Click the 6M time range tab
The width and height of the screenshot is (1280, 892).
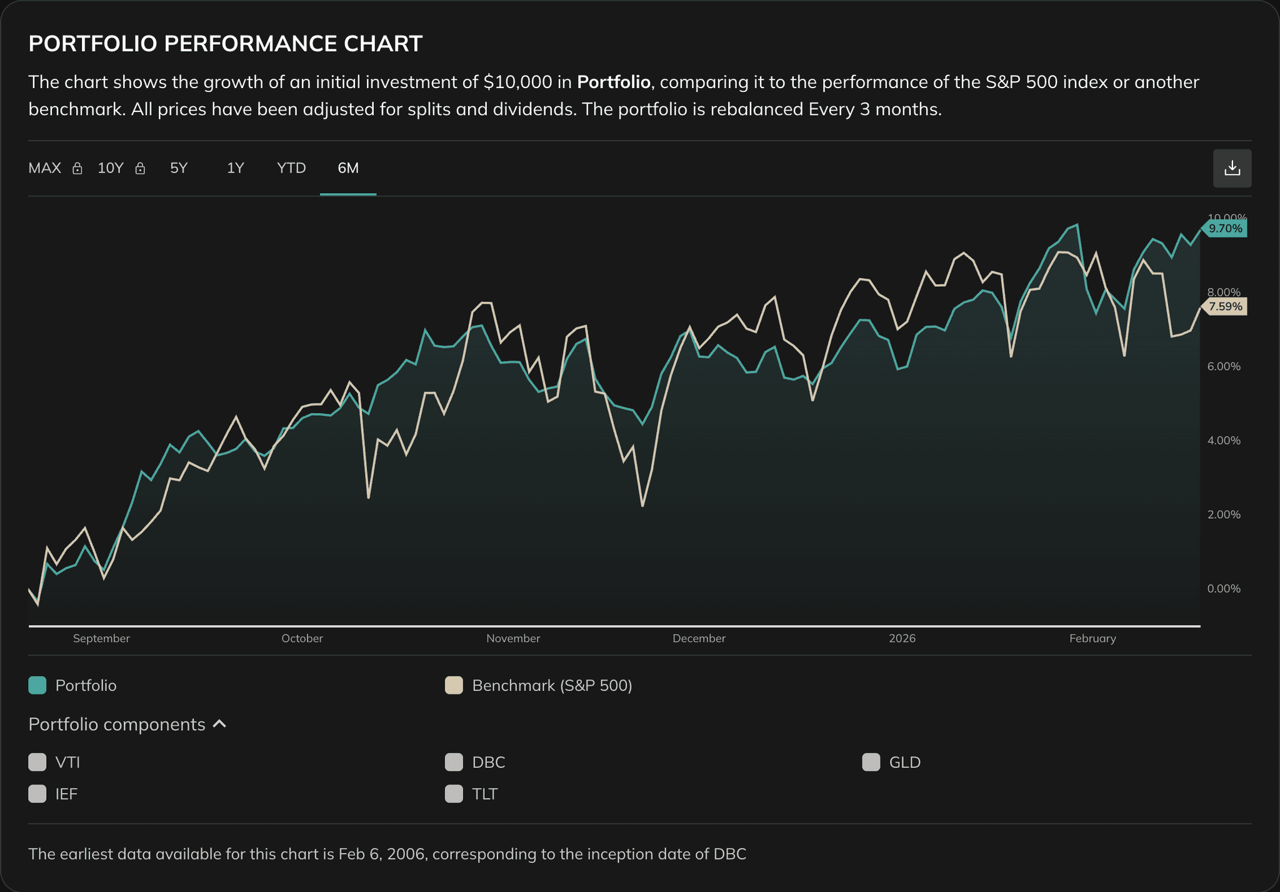[x=348, y=168]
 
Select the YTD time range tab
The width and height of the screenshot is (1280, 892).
[x=291, y=168]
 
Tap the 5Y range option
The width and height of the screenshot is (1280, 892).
[x=179, y=168]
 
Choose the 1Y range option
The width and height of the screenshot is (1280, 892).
[x=235, y=168]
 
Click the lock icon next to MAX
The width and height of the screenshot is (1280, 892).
[x=77, y=169]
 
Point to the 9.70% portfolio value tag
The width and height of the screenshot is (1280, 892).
[x=1224, y=229]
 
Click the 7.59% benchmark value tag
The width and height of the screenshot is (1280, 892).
[x=1224, y=307]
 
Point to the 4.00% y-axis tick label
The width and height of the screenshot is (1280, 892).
[x=1223, y=441]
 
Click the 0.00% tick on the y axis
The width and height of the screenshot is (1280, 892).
[x=1223, y=589]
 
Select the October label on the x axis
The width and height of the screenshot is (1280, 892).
[x=302, y=639]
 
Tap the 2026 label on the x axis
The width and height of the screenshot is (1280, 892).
[x=902, y=639]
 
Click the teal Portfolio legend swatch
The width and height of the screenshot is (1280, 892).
[x=37, y=686]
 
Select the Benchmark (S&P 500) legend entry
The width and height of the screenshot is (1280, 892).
[x=552, y=686]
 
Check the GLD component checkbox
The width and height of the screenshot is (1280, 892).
[x=871, y=763]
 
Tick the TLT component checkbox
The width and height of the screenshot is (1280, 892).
[x=454, y=794]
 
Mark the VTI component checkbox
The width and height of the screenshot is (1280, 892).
[x=37, y=763]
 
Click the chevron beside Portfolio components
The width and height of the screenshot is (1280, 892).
[x=219, y=724]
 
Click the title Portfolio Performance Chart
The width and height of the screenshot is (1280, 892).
[x=226, y=44]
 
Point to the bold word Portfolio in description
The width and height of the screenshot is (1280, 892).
[x=613, y=83]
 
